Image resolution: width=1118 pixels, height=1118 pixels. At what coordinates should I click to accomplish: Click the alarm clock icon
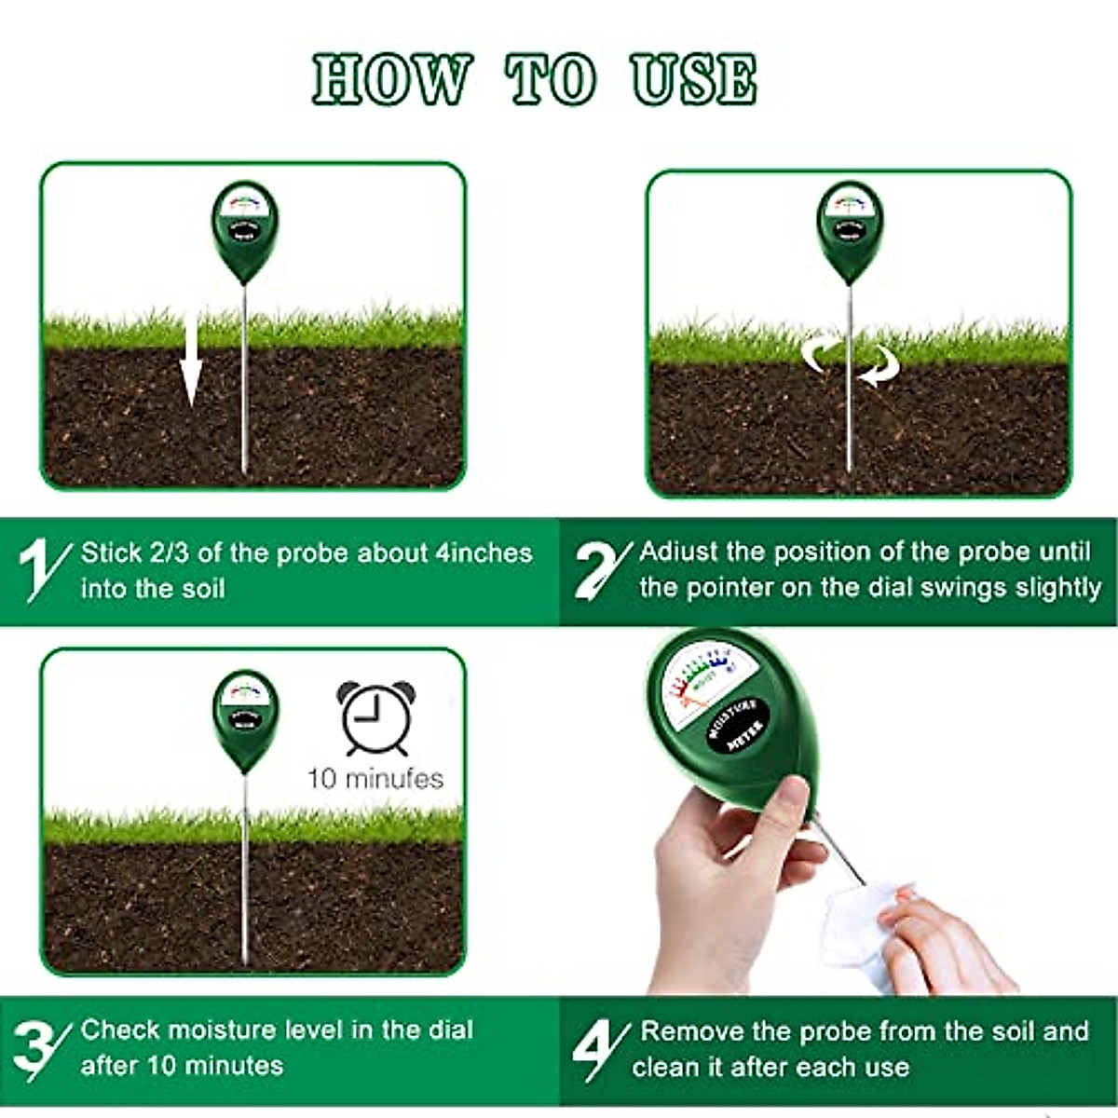[x=376, y=717]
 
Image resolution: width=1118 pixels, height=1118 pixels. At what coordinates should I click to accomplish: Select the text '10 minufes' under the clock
[x=375, y=778]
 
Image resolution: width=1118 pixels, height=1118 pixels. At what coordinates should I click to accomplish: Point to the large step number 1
[x=42, y=568]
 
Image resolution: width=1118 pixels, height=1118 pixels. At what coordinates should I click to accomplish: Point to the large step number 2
[x=601, y=568]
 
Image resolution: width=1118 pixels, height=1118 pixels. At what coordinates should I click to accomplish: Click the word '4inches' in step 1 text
[x=484, y=553]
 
